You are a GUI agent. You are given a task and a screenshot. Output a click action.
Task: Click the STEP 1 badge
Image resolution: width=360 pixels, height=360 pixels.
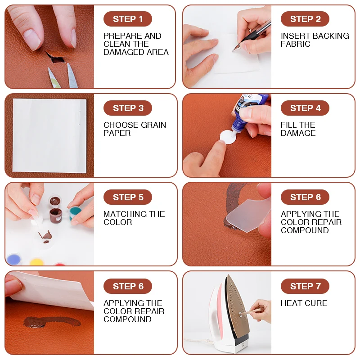tap(128, 19)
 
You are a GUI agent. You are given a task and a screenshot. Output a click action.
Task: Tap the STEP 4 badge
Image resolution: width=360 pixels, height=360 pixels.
tap(305, 108)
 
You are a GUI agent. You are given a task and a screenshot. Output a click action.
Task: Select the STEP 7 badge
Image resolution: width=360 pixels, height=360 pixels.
tap(305, 286)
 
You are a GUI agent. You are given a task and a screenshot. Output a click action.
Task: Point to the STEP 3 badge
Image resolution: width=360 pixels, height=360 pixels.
tap(128, 108)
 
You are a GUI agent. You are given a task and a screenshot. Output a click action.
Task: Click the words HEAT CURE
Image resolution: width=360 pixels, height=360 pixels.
tap(304, 303)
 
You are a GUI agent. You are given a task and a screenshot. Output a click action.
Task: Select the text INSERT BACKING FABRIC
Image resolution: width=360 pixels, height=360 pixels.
tap(315, 40)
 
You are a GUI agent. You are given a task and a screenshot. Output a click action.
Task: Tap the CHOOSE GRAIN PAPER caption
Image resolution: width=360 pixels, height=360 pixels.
tap(135, 129)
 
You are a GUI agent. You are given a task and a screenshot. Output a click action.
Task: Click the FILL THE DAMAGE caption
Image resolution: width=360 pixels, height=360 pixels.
tap(298, 129)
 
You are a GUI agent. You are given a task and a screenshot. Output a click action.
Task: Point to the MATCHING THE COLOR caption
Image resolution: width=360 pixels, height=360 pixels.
tap(134, 218)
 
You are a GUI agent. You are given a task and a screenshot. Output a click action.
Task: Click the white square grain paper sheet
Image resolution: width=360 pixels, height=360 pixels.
tap(49, 135)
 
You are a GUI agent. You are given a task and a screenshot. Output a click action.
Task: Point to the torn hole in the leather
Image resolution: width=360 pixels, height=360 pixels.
tap(55, 59)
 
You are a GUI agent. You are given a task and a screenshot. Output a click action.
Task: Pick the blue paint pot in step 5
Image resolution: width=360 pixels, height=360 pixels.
tap(14, 260)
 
